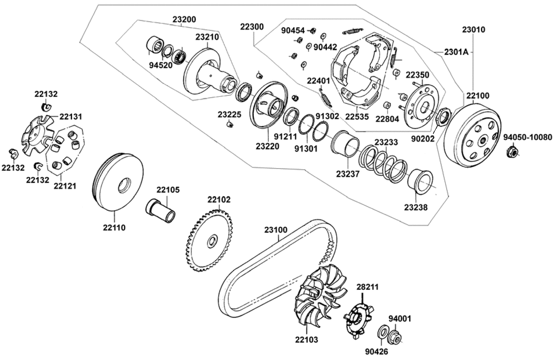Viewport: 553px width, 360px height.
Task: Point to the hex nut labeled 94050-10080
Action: click(512, 152)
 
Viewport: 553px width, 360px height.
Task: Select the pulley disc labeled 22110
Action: click(118, 182)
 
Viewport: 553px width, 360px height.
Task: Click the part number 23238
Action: click(415, 207)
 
